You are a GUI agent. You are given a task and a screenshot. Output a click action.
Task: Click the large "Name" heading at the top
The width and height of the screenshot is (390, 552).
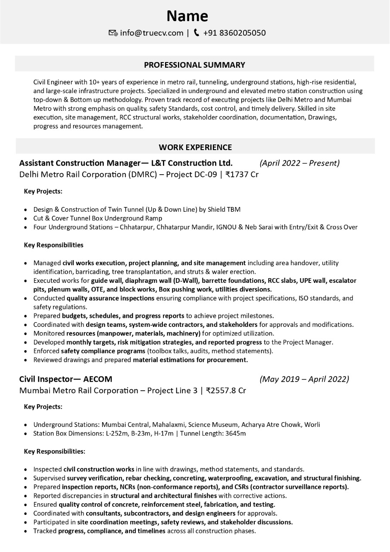(187, 16)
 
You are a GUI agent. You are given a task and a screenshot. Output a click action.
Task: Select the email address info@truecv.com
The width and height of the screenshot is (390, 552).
(151, 33)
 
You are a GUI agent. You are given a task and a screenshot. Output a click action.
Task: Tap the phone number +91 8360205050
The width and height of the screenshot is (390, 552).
(234, 33)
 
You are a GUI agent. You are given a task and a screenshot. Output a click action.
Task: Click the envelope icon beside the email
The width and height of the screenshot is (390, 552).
(113, 33)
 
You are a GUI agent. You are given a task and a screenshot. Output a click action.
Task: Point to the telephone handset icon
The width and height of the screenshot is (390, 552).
(197, 33)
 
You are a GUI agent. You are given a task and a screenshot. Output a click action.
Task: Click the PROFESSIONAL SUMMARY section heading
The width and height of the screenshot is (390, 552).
(194, 65)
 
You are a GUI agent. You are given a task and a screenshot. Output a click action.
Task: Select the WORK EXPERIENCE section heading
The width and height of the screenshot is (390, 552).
(195, 147)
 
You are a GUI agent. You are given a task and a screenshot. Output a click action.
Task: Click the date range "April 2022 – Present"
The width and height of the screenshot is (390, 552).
(300, 163)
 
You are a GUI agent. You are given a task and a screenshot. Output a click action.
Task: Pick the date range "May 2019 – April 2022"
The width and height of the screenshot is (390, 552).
(304, 379)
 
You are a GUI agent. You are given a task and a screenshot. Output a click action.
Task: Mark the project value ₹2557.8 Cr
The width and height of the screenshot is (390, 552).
(226, 391)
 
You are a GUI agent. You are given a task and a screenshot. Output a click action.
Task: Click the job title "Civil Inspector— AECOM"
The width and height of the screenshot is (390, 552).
(66, 379)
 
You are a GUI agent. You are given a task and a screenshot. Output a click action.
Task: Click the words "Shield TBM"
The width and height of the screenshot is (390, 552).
(224, 209)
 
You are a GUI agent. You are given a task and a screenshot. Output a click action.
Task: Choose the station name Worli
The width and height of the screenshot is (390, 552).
(312, 424)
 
